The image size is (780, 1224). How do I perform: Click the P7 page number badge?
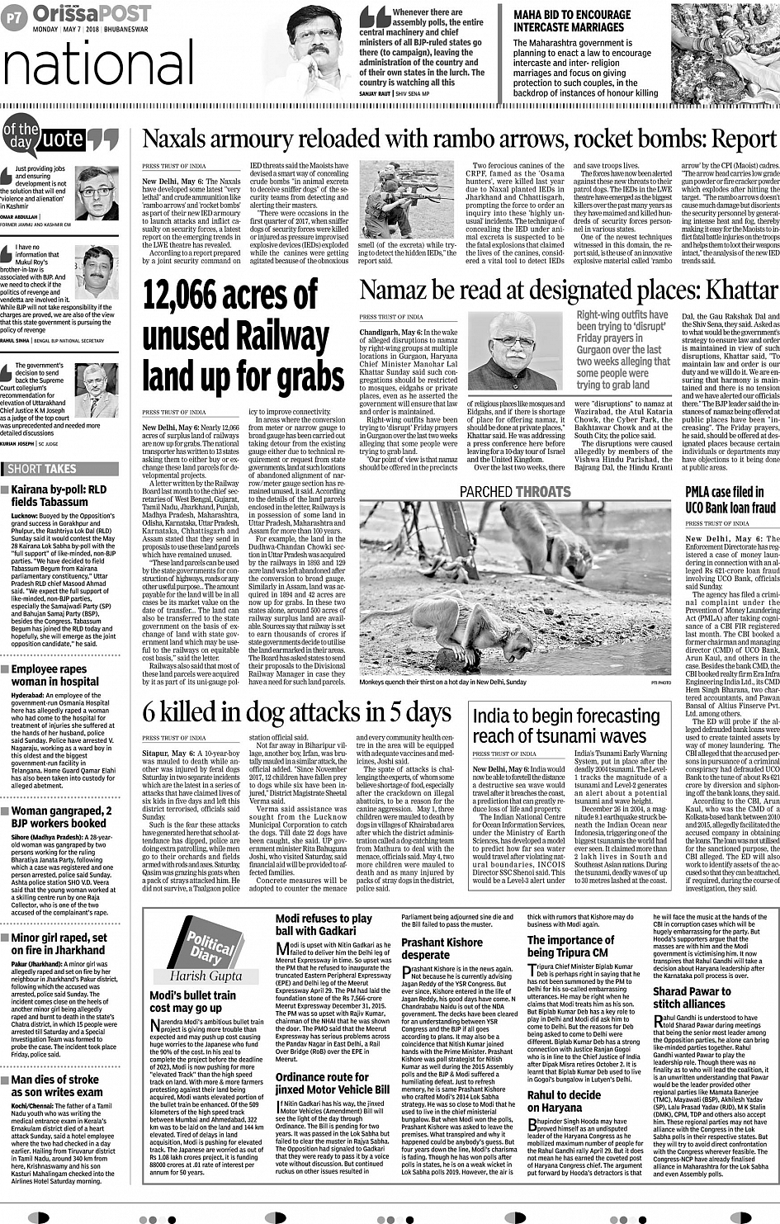tap(14, 17)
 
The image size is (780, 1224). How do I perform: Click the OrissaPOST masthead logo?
tap(92, 14)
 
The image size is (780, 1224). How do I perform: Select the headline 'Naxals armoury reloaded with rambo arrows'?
tap(459, 139)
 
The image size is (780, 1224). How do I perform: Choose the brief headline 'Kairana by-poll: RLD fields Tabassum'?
tap(59, 495)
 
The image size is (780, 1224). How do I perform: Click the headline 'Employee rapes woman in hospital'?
tap(55, 675)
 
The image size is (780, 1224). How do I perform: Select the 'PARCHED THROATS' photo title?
tap(515, 491)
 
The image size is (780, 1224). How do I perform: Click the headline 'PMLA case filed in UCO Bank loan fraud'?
tap(730, 500)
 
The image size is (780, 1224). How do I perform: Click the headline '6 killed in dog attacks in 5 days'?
tap(297, 713)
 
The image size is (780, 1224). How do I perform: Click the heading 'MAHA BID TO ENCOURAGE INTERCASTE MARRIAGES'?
tap(572, 21)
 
